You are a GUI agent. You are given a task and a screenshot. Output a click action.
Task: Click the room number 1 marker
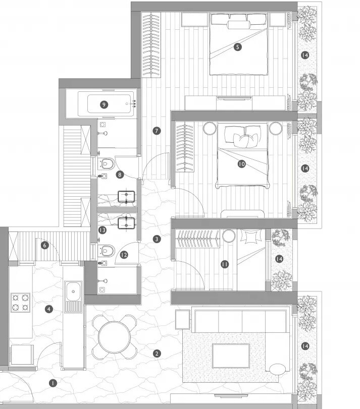click(x=52, y=383)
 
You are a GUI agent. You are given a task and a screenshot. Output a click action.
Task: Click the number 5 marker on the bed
click(x=238, y=47)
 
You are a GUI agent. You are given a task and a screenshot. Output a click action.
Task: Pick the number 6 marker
click(x=44, y=246)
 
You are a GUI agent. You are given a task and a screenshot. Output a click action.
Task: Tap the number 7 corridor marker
click(x=157, y=131)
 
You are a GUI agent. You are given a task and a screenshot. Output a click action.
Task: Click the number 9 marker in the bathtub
click(x=104, y=104)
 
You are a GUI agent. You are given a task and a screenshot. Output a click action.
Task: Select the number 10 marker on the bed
click(x=241, y=164)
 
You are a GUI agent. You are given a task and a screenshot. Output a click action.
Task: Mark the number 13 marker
click(x=102, y=230)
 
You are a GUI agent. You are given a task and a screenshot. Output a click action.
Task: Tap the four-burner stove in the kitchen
click(x=21, y=302)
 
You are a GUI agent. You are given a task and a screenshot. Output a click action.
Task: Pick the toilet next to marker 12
click(x=107, y=250)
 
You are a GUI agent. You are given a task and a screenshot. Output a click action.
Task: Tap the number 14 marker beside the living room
click(x=304, y=346)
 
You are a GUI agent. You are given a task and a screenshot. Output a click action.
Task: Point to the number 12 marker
click(x=124, y=255)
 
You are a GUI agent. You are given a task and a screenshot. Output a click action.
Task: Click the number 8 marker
click(x=120, y=174)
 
